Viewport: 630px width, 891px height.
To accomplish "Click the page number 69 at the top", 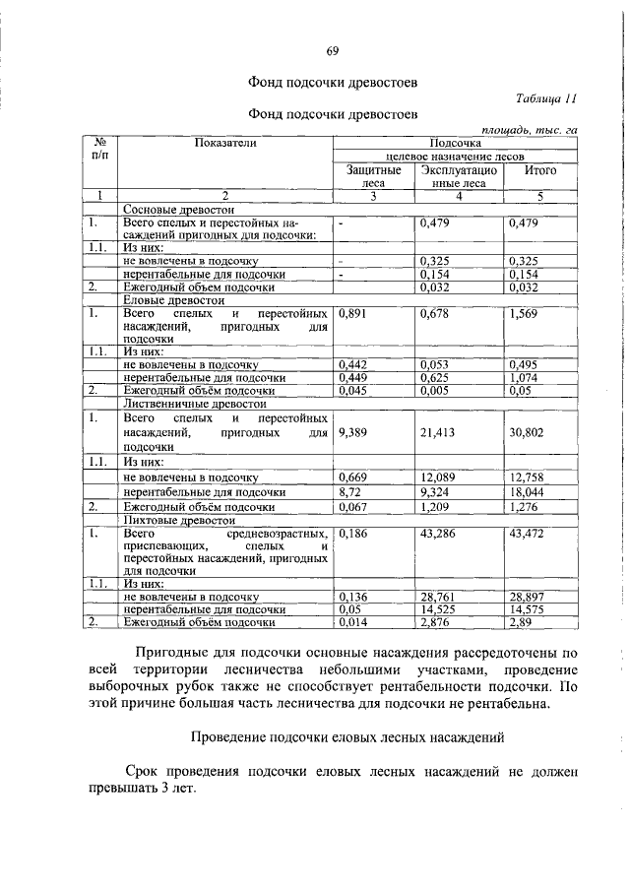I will (332, 51).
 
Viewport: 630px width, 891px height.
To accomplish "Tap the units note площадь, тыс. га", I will (529, 130).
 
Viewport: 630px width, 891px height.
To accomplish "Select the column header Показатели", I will (225, 144).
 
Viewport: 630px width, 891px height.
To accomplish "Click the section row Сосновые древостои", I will (177, 210).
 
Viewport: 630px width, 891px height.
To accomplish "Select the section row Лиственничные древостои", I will (194, 403).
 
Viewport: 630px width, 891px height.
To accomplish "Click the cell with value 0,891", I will (352, 314).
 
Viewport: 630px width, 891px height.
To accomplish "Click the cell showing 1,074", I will (524, 377).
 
